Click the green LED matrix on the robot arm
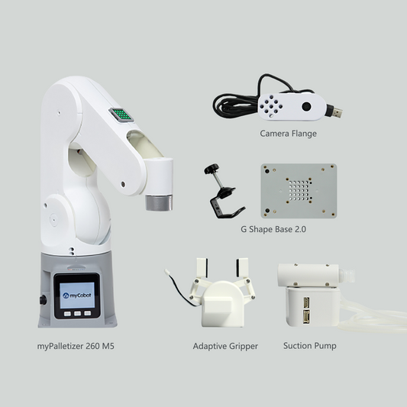pos(121,115)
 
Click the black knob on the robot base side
pos(44,299)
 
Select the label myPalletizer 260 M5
pos(76,346)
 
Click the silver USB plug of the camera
pos(334,111)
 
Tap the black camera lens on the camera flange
pos(306,108)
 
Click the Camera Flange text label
pos(288,133)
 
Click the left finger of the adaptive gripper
pos(202,268)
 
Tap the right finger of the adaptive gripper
pos(244,267)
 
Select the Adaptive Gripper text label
pos(225,346)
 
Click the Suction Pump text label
pos(309,346)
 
